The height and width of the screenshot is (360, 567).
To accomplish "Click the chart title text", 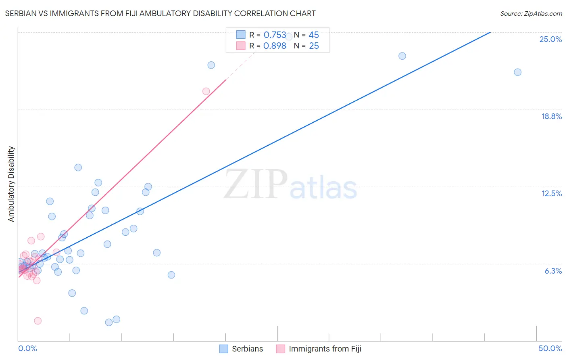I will (x=160, y=13).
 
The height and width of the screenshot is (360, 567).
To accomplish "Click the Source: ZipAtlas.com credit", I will (x=531, y=13).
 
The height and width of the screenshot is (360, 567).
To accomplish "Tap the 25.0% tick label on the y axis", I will (x=550, y=39).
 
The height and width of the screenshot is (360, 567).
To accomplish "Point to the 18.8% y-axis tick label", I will (x=551, y=116).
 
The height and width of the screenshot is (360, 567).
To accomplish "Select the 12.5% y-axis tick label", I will (x=551, y=193).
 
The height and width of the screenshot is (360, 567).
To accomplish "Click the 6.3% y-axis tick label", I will (x=553, y=271).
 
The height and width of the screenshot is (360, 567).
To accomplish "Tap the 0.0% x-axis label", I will (x=27, y=348).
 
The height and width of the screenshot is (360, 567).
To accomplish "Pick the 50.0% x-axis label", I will (x=550, y=348).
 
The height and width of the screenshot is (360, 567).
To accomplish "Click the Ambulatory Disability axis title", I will (x=11, y=184).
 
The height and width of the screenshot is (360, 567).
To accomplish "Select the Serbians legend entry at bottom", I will (x=241, y=349).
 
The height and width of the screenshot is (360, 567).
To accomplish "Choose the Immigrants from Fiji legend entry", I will (x=319, y=349).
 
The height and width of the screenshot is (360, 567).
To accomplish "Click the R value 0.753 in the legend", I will (x=275, y=35).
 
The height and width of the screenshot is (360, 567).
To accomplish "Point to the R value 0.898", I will (x=275, y=46).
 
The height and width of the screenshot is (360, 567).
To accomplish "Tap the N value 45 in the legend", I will (x=314, y=35).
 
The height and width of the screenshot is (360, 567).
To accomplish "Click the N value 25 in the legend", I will (x=314, y=46).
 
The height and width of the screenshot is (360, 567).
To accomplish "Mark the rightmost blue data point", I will (x=517, y=72).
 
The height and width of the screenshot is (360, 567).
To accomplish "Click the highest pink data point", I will (x=206, y=91).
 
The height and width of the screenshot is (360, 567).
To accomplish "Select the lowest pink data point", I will (x=38, y=321).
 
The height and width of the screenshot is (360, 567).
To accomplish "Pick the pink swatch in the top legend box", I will (x=241, y=46).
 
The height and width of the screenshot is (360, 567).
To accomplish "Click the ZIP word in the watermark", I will (x=256, y=184).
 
